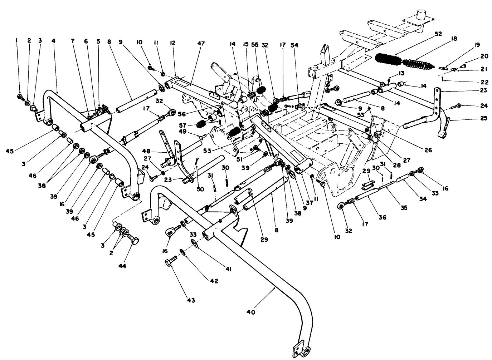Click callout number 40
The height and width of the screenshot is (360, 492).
[x=251, y=312]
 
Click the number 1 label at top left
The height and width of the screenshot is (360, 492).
[x=16, y=41]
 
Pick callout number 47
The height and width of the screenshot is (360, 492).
[x=201, y=43]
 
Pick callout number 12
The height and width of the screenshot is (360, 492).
[x=173, y=43]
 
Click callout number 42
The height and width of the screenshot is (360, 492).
[x=214, y=281]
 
